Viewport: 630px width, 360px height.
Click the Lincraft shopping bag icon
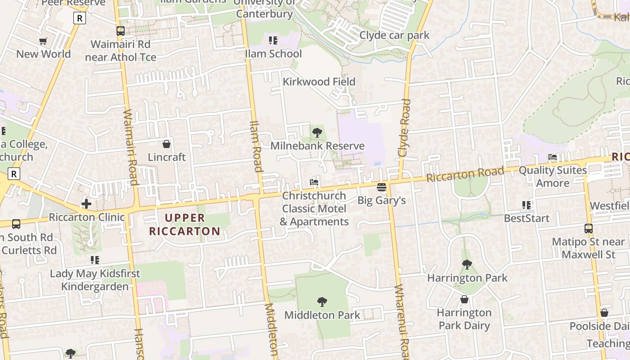point(166,144)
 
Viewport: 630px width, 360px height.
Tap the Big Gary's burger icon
point(382,187)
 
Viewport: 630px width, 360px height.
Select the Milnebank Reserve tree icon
point(317,132)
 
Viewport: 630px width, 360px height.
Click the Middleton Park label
point(322,315)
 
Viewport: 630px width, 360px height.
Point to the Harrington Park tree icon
point(467,265)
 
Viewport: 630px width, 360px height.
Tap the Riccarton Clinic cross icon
point(86,204)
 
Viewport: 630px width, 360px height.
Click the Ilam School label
point(273,54)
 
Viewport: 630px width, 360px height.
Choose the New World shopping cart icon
point(43,41)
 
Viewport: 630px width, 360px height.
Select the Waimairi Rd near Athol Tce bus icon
point(121,31)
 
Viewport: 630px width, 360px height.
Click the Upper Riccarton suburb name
point(185,225)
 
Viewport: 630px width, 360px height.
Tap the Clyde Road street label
point(404,128)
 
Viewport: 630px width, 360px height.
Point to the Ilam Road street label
point(256,146)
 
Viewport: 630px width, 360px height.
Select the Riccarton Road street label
point(465,175)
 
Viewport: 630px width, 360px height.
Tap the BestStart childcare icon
point(526,205)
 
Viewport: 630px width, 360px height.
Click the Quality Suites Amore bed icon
point(553,157)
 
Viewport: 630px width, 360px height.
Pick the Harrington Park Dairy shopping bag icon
point(464,299)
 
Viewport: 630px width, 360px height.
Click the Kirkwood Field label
point(319,82)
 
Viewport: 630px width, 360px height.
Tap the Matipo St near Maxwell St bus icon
point(589,229)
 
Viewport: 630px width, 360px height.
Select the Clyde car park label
point(395,36)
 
